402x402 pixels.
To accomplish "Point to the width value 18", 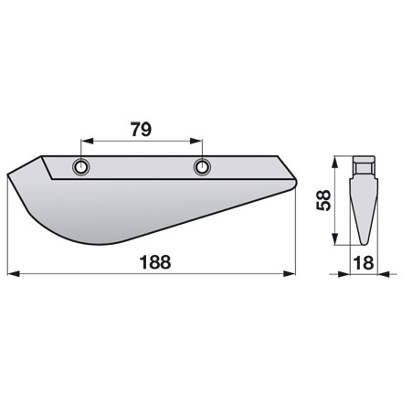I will pyautogui.click(x=364, y=261).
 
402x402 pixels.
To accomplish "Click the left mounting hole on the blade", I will pyautogui.click(x=82, y=167).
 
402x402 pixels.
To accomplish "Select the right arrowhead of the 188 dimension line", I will pyautogui.click(x=294, y=271).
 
